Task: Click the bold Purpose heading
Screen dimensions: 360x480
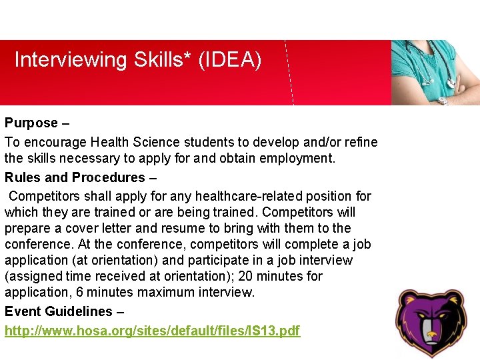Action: point(31,123)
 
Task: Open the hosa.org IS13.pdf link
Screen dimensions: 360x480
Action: point(152,331)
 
